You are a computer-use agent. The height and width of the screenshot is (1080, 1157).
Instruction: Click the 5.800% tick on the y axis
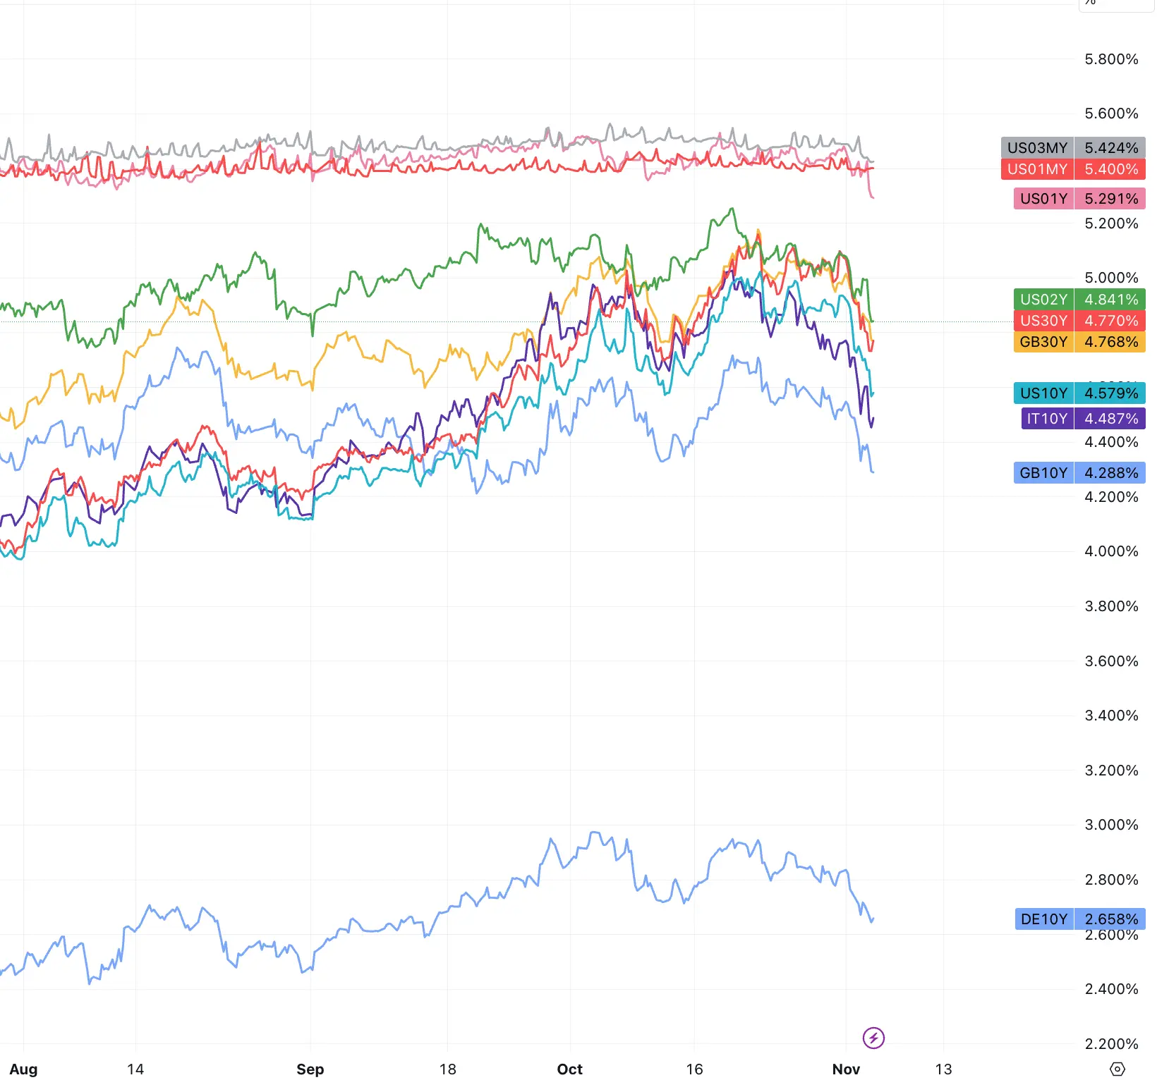coord(1111,59)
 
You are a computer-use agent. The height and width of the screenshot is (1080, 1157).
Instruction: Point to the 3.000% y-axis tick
coord(1111,825)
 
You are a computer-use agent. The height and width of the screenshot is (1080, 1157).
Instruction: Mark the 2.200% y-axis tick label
coord(1111,1044)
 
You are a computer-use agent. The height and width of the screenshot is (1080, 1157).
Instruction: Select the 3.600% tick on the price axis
coord(1111,661)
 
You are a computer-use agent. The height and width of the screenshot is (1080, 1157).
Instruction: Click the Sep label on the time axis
coord(310,1069)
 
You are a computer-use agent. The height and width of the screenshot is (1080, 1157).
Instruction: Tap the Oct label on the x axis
coord(569,1069)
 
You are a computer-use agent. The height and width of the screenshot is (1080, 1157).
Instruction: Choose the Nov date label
coord(846,1069)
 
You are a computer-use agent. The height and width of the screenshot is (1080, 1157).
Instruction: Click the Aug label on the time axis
coord(23,1069)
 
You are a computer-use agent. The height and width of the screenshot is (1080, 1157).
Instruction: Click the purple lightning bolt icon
coord(873,1038)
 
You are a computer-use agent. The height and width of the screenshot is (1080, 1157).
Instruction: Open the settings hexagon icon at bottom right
coord(1117,1069)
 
